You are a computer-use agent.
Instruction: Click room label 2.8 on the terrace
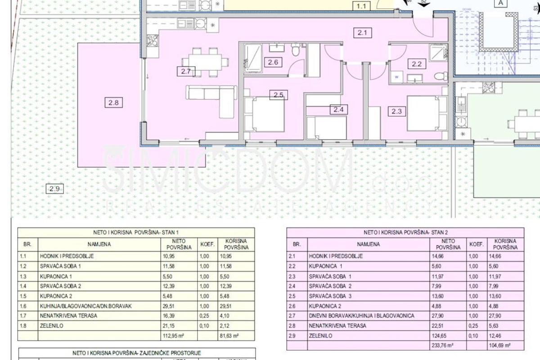[113, 103]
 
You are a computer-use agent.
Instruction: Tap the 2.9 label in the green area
[55, 189]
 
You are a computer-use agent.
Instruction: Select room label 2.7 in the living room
[186, 71]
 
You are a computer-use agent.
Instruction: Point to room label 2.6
[273, 63]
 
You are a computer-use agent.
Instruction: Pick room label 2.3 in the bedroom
[396, 111]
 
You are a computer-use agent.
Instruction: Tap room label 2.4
[338, 109]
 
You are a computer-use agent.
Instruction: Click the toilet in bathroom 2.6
[295, 50]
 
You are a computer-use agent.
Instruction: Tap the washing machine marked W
[396, 77]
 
